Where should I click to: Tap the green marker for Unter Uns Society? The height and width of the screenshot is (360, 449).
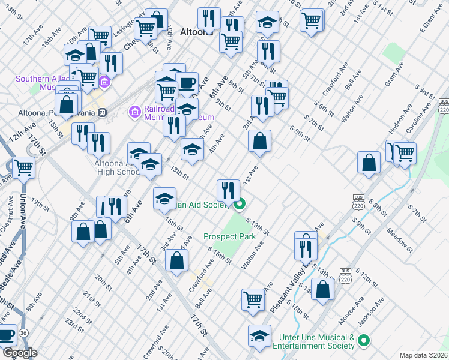[x=363, y=341]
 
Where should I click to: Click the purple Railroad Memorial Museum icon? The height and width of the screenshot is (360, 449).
[x=133, y=112]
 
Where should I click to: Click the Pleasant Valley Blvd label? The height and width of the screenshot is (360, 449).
[x=296, y=283]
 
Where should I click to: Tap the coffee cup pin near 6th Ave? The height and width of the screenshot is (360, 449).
[x=187, y=83]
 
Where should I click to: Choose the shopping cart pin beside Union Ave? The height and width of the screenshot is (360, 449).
[x=23, y=167]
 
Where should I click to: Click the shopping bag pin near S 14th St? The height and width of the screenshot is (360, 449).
[x=323, y=289]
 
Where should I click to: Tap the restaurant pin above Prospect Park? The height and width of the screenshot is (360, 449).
[x=228, y=190]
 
